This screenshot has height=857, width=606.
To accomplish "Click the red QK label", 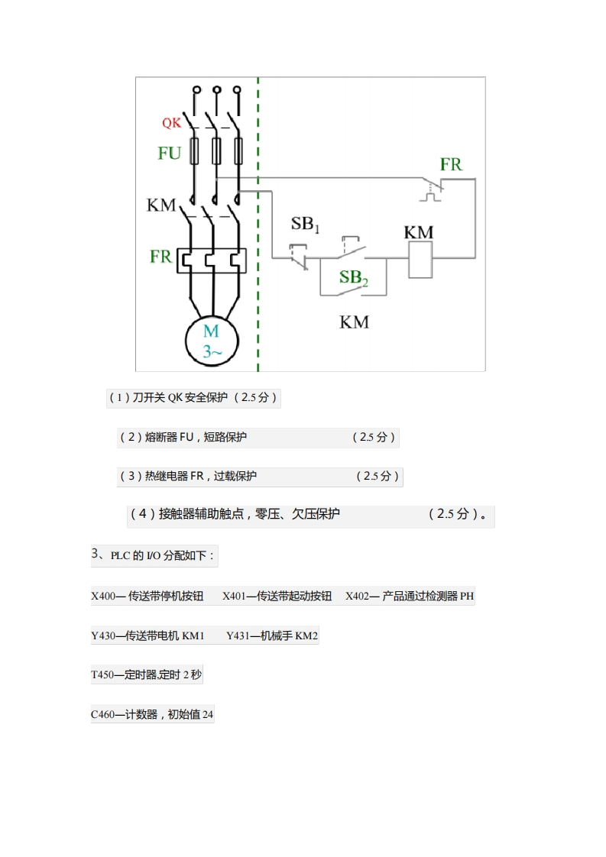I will [171, 123].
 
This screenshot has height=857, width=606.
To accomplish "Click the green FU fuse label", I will [170, 154].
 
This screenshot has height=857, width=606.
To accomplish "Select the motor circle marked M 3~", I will [211, 341].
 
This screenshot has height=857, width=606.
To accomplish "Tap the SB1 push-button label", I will [306, 225].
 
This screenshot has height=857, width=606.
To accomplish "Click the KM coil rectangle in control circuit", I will [421, 263].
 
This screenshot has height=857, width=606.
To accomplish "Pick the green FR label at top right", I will [451, 164].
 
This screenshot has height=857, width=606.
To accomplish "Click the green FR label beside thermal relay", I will [161, 257].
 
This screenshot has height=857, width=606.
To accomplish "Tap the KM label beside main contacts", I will [161, 205].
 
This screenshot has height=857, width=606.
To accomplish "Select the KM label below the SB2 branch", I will [354, 322].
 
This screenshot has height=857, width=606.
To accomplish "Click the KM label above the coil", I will [419, 232].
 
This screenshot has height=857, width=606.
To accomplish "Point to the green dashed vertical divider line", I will [258, 229].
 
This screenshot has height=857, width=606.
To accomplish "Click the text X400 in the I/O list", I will [102, 597].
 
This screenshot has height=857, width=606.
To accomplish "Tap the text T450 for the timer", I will [102, 675].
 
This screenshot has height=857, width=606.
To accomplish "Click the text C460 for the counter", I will [102, 715].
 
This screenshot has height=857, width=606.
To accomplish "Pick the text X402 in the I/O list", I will [357, 597].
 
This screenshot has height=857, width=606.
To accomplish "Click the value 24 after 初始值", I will [208, 715].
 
